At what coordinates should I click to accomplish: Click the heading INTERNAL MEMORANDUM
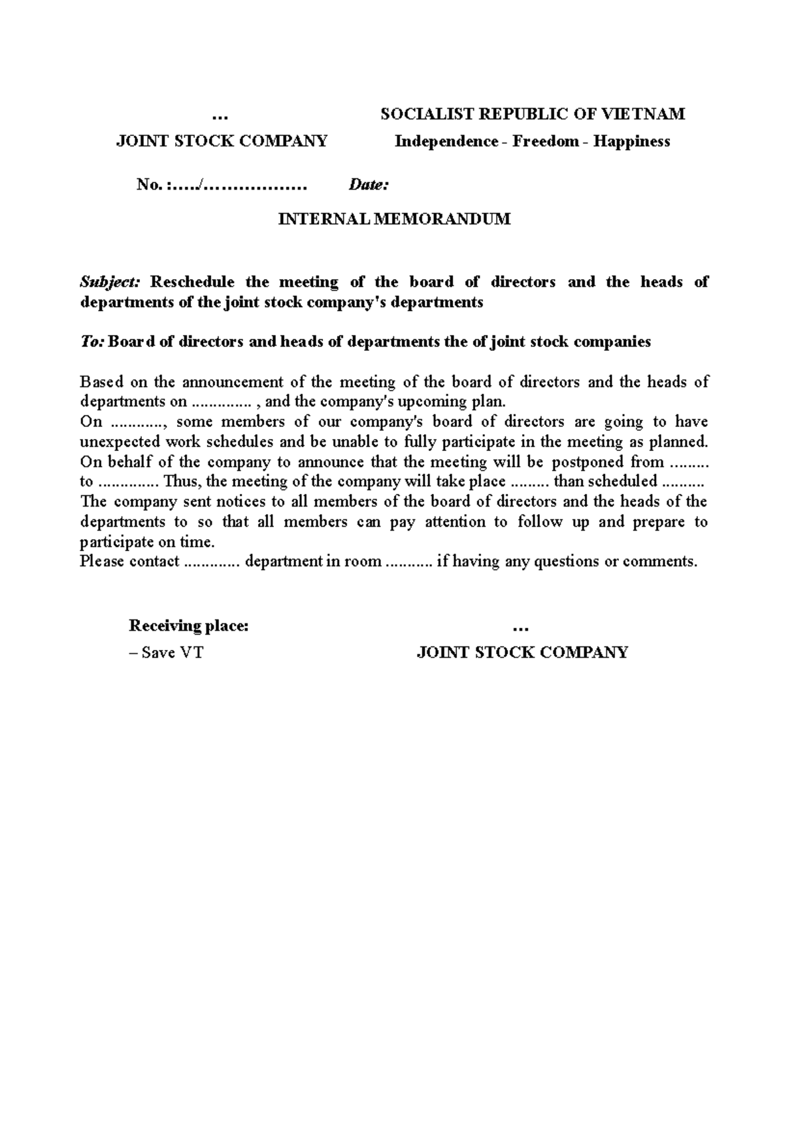point(394,219)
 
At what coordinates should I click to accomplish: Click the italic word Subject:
point(110,282)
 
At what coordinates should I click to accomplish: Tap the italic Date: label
point(368,185)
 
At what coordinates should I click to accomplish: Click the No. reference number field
point(222,185)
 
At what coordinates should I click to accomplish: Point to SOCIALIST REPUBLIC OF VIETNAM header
point(532,114)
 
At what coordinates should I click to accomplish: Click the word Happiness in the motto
point(631,141)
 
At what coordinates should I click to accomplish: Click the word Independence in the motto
point(446,141)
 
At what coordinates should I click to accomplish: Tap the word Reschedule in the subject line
point(192,282)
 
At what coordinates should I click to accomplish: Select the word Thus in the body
point(179,482)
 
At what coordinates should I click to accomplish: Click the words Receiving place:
point(189,626)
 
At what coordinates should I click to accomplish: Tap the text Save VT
point(171,653)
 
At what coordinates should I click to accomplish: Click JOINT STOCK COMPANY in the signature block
point(522,653)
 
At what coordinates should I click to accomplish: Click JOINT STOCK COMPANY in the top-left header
point(222,141)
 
